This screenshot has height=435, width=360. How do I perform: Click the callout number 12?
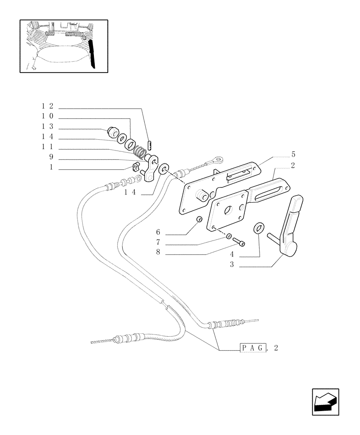point(47,106)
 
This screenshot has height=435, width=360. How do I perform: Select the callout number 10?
point(47,117)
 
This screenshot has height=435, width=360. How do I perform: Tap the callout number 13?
point(47,127)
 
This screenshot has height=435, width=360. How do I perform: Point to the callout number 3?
point(232,265)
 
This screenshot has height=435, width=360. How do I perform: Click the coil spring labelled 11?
point(138,151)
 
